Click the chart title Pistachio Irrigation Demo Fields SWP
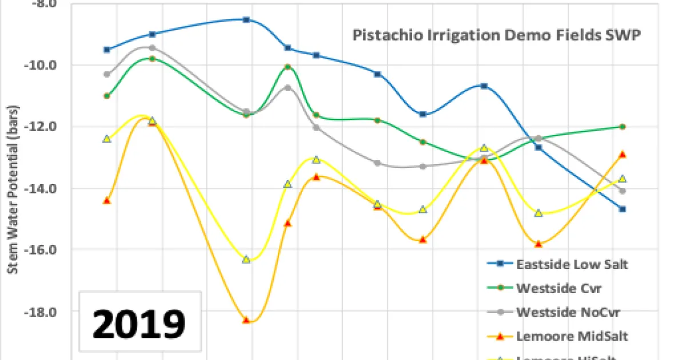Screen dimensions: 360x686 [x=496, y=35]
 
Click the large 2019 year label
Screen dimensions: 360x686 [x=139, y=324]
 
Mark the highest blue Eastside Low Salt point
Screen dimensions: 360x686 [x=246, y=19]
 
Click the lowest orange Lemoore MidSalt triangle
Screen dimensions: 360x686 [x=246, y=320]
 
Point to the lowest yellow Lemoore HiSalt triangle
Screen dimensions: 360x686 [x=246, y=259]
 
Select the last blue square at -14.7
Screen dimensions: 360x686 [x=623, y=209]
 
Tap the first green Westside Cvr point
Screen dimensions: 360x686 [x=107, y=95]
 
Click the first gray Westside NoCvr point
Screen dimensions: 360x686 [x=107, y=74]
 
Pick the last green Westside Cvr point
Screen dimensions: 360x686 [x=623, y=126]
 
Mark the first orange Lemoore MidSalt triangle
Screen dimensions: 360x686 [x=107, y=201]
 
